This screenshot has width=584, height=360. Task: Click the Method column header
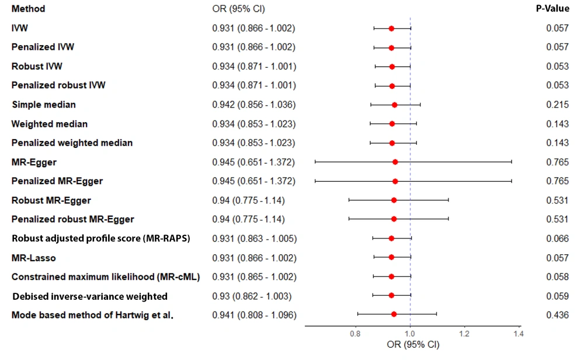[28, 9]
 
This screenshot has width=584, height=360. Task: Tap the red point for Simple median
[394, 105]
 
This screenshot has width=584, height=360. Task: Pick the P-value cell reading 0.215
[557, 105]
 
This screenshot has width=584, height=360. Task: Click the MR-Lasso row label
[33, 258]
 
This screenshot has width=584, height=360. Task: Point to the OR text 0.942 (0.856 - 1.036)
[253, 105]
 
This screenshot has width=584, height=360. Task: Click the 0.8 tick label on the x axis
[355, 334]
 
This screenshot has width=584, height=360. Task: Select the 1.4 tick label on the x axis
[517, 334]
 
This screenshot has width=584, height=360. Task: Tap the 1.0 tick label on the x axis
[410, 334]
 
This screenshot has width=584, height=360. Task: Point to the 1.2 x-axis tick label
[464, 334]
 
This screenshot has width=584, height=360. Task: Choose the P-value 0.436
[557, 315]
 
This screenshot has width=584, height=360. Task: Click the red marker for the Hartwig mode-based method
[394, 314]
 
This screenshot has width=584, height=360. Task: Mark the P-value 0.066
[557, 238]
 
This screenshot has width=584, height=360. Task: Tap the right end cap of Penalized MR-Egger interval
[512, 181]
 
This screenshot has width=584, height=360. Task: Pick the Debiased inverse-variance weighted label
[90, 296]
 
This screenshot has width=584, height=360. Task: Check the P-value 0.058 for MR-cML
[557, 276]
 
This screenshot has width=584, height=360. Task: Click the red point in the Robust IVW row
[392, 67]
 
